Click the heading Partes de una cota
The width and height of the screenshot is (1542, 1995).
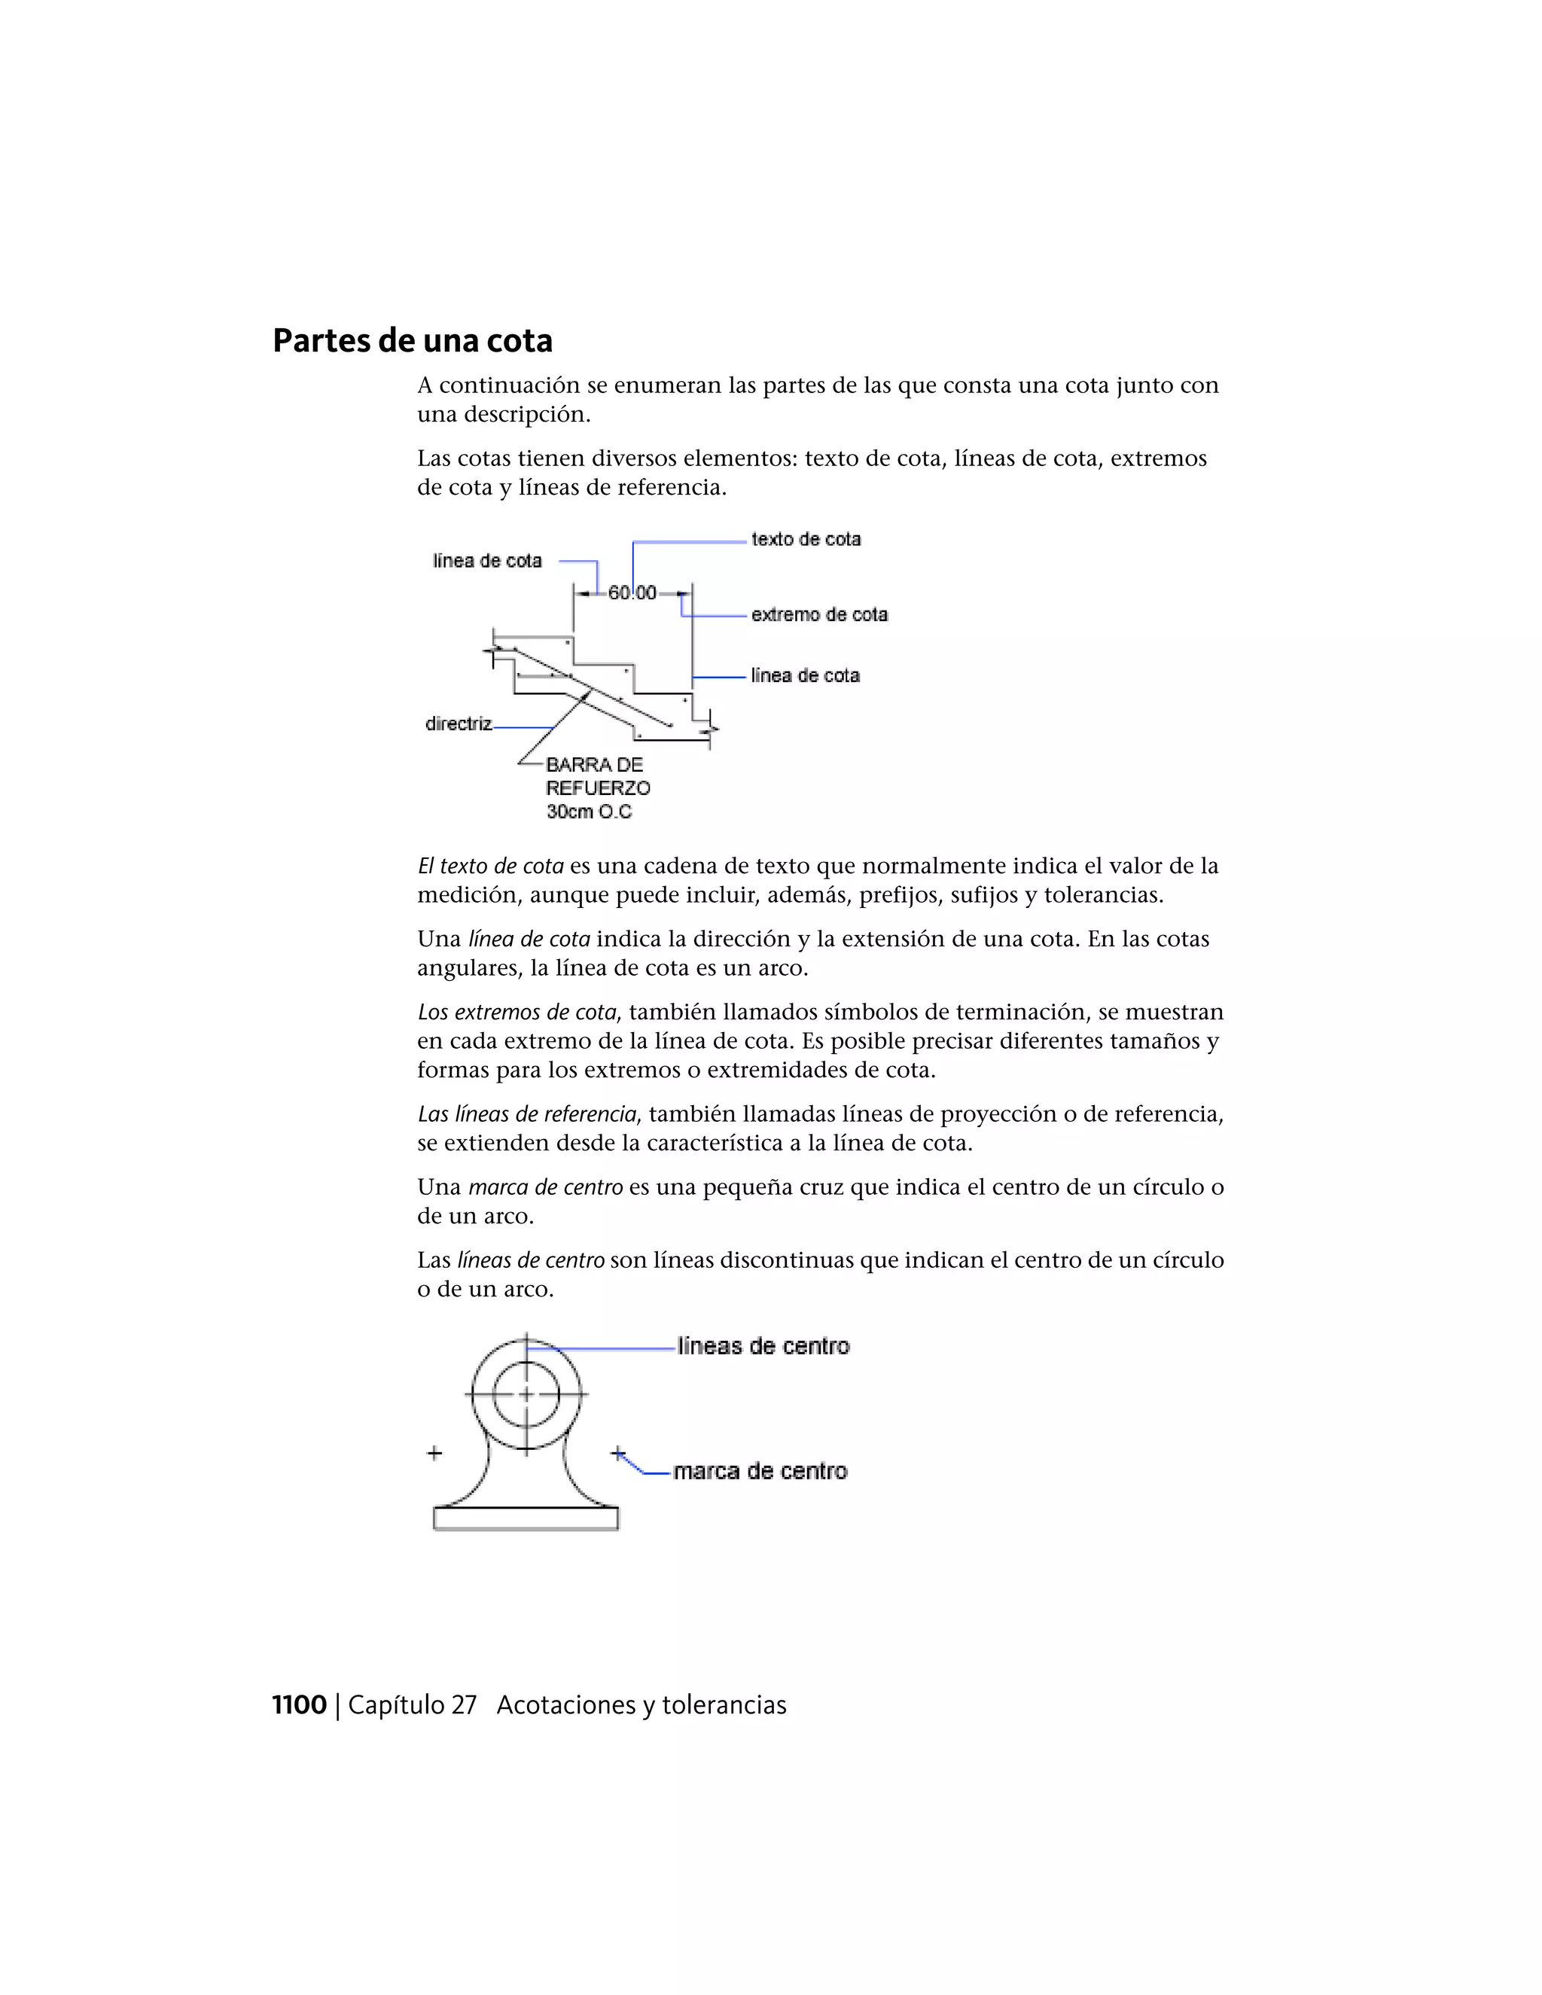412,341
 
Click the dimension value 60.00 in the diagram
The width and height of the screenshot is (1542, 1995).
632,592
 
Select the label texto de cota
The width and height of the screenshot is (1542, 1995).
806,539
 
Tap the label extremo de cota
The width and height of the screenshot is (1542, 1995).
819,615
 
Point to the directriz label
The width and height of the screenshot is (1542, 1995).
459,723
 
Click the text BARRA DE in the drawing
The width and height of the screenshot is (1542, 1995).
594,765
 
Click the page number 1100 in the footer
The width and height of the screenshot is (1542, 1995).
299,1704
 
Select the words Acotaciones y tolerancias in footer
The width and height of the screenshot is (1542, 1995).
641,1704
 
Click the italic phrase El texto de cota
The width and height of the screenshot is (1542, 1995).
491,865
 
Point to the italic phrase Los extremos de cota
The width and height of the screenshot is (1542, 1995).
517,1011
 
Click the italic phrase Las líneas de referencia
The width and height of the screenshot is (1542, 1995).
527,1113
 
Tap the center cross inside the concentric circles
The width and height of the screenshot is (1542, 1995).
526,1394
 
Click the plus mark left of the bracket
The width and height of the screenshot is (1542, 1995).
435,1452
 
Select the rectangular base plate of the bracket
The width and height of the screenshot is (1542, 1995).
526,1518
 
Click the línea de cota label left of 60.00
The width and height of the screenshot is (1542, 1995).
487,561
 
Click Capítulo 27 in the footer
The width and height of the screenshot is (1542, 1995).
412,1704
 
